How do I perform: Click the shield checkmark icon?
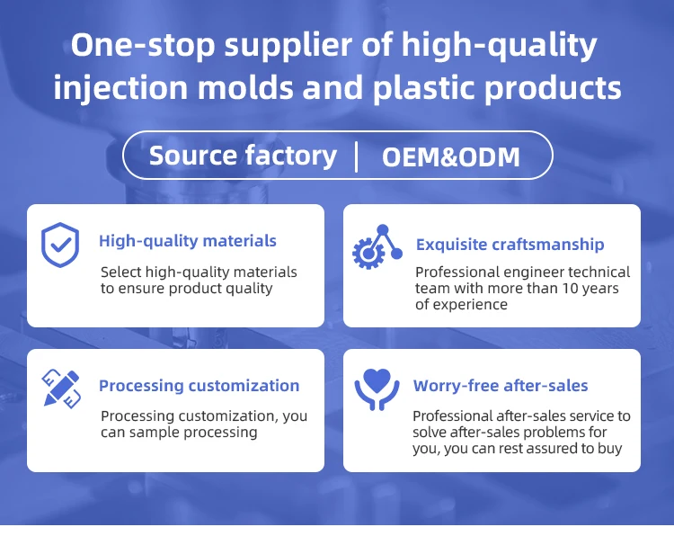(x=60, y=245)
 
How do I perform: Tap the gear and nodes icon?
(x=377, y=247)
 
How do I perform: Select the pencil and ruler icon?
(x=61, y=389)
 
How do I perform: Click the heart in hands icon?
(x=377, y=389)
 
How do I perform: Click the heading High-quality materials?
(x=188, y=241)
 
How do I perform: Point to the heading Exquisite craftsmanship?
(x=510, y=245)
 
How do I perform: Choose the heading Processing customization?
(x=199, y=386)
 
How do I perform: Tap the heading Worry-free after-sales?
(x=501, y=386)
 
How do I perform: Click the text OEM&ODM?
(x=451, y=156)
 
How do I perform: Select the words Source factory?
(x=243, y=156)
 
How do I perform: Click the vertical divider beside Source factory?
(x=357, y=157)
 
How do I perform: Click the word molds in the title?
(x=245, y=87)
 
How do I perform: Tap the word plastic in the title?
(x=424, y=88)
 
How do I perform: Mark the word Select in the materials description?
(x=120, y=272)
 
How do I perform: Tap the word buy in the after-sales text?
(x=610, y=449)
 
